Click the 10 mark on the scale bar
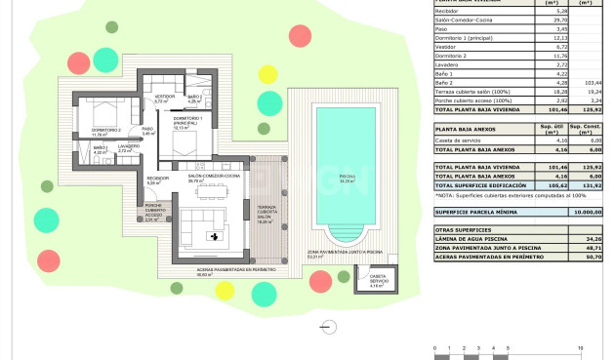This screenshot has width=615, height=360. tap(580, 346)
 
